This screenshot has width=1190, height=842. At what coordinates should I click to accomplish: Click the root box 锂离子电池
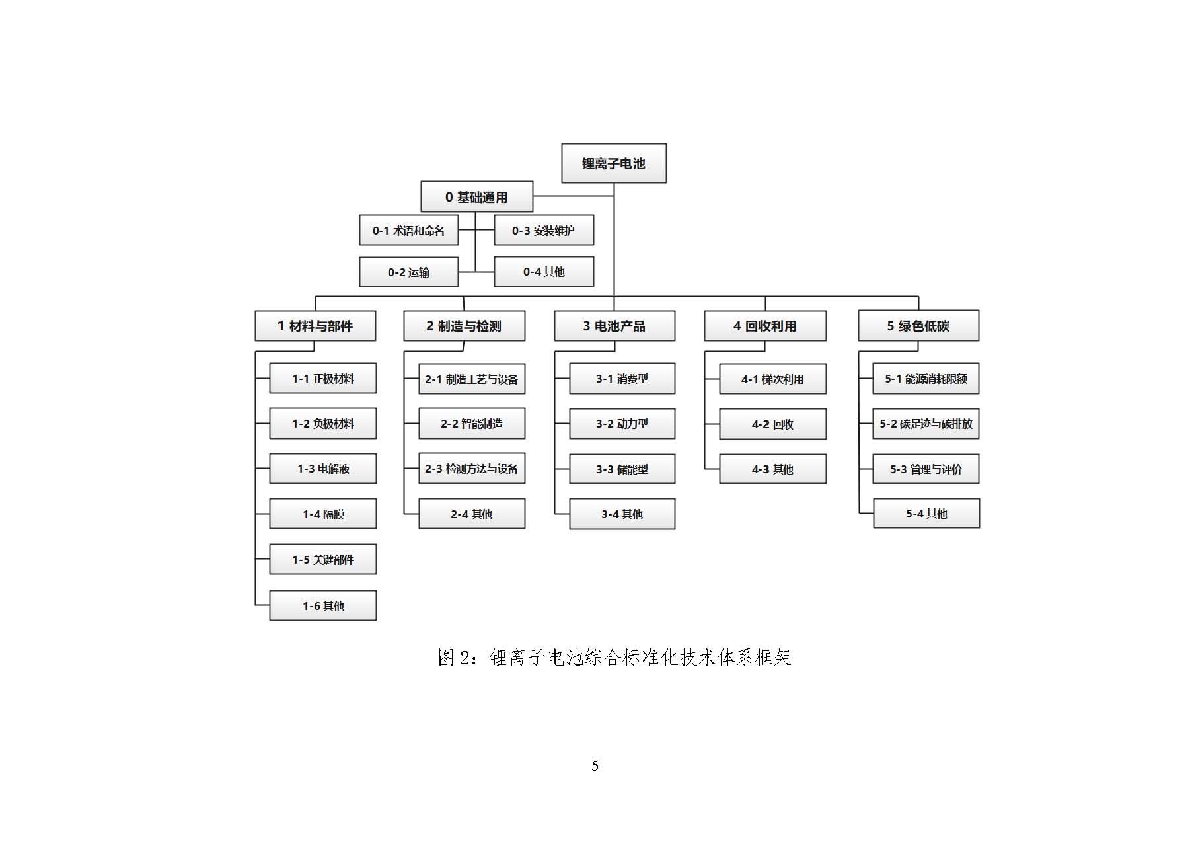[x=614, y=163]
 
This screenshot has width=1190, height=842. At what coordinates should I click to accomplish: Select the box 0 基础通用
[x=476, y=197]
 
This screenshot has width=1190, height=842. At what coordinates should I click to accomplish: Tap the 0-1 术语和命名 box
[x=409, y=231]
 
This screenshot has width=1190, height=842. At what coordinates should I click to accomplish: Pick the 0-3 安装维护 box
[x=544, y=231]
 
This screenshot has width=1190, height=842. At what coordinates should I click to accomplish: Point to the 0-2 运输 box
[x=409, y=272]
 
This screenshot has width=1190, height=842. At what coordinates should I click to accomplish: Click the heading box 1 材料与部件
[x=315, y=326]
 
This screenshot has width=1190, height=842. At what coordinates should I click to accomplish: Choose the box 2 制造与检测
[x=465, y=326]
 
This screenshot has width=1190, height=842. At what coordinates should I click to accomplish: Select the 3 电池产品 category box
[x=614, y=326]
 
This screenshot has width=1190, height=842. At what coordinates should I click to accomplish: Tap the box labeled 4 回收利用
[x=765, y=326]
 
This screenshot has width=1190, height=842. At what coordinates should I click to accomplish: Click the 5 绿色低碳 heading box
[x=918, y=326]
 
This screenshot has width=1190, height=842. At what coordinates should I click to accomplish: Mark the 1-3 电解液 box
[x=323, y=469]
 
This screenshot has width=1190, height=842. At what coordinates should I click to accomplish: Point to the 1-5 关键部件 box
[x=323, y=559]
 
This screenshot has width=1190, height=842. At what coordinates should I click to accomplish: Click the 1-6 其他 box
[x=323, y=605]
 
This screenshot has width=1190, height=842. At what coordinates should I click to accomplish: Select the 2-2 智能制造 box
[x=472, y=424]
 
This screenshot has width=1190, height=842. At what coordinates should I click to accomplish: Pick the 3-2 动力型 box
[x=622, y=424]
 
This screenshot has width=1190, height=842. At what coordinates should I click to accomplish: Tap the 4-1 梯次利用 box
[x=773, y=379]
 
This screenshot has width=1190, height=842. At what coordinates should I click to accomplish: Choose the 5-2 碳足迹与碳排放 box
[x=926, y=424]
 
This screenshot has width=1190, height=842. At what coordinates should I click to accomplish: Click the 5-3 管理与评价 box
[x=926, y=469]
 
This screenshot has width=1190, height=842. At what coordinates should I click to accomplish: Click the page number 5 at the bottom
[x=595, y=766]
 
